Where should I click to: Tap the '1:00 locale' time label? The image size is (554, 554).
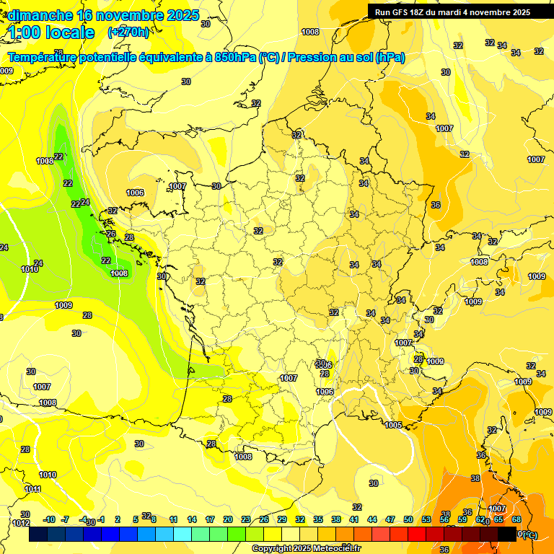[51, 32]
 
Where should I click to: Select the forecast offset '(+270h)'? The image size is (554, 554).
[128, 32]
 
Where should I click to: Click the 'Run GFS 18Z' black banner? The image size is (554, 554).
[452, 12]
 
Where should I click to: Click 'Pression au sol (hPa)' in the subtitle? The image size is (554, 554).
[346, 58]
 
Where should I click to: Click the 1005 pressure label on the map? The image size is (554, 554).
[393, 425]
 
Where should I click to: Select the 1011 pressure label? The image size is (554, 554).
[33, 489]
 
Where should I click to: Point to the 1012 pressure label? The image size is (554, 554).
[21, 523]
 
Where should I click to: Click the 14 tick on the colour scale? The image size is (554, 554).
[192, 519]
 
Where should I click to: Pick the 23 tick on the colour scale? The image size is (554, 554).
[246, 519]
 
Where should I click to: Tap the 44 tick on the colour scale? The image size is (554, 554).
[372, 519]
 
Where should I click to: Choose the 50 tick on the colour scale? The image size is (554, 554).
[408, 519]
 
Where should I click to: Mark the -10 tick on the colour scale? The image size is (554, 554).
[49, 519]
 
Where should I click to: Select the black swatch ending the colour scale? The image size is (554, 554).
[507, 535]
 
